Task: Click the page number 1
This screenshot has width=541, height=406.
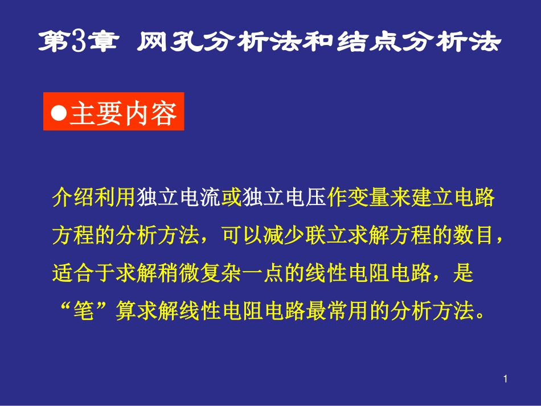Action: pyautogui.click(x=506, y=379)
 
